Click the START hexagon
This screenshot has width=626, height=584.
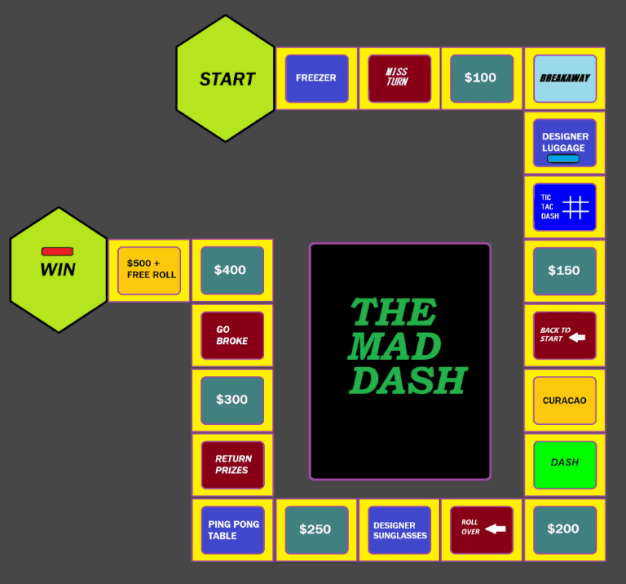coord(225,78)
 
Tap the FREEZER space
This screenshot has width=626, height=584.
coord(317,78)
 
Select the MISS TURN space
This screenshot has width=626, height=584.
coord(400,78)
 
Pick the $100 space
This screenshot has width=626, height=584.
coord(482,78)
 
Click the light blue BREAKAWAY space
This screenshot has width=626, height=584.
coord(565,78)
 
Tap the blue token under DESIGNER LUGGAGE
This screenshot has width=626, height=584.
coord(563,158)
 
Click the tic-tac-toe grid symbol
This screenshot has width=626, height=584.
coord(576,207)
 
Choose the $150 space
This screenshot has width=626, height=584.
coord(565,271)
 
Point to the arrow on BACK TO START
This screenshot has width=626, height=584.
coord(577,338)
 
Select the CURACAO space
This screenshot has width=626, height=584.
coord(565,400)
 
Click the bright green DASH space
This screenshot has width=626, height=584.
coord(565,465)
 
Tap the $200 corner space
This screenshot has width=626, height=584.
coord(565,530)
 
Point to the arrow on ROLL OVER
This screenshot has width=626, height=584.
coord(495,529)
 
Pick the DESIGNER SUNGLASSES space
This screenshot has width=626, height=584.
coord(400,530)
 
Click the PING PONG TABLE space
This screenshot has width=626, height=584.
coord(233,530)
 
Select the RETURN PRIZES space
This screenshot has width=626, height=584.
coord(233,465)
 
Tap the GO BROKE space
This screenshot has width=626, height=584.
coord(232,336)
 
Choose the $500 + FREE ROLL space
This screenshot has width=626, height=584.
coord(150,270)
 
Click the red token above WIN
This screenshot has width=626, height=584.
coord(58,251)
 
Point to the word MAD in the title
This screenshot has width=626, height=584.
coord(395,346)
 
